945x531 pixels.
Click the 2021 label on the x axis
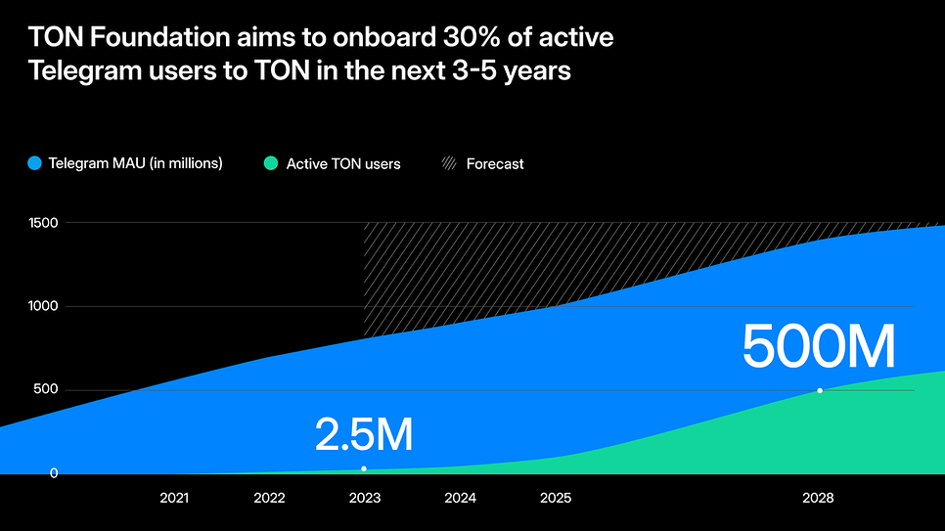(x=174, y=498)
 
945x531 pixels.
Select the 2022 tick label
(x=269, y=498)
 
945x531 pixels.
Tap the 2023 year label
(x=364, y=498)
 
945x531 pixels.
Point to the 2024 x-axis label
(x=460, y=498)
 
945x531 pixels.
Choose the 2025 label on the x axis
(x=555, y=498)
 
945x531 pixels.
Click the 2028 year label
(x=818, y=498)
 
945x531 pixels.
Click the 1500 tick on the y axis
(x=43, y=223)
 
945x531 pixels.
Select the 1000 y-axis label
(x=43, y=306)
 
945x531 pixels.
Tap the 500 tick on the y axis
(x=47, y=390)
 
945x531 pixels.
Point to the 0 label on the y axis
(x=54, y=473)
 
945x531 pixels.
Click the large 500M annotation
(x=818, y=347)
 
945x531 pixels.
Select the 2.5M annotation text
(x=364, y=435)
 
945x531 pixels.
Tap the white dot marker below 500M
(x=820, y=390)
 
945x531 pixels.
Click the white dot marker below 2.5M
(x=364, y=468)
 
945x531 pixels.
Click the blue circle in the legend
(x=36, y=163)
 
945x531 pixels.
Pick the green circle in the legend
(x=271, y=163)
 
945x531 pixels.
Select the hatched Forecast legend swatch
(x=449, y=163)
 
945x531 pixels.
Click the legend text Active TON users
(x=343, y=164)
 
